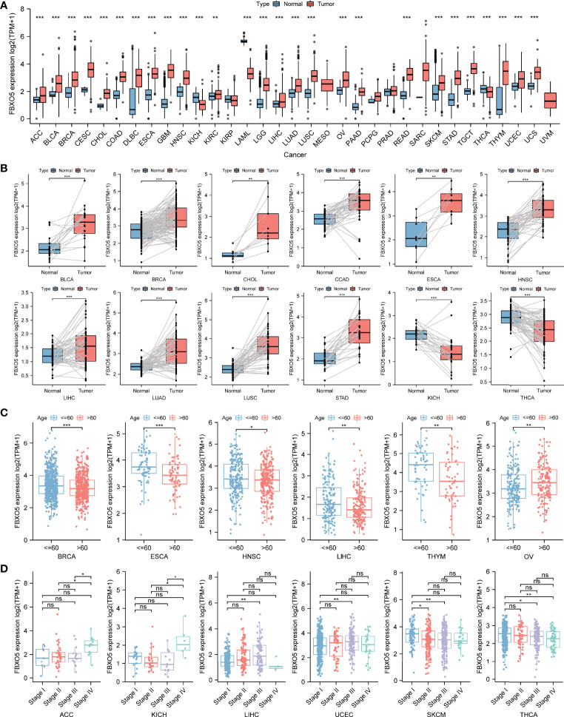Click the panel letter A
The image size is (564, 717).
(7, 5)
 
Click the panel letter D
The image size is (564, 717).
(7, 545)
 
